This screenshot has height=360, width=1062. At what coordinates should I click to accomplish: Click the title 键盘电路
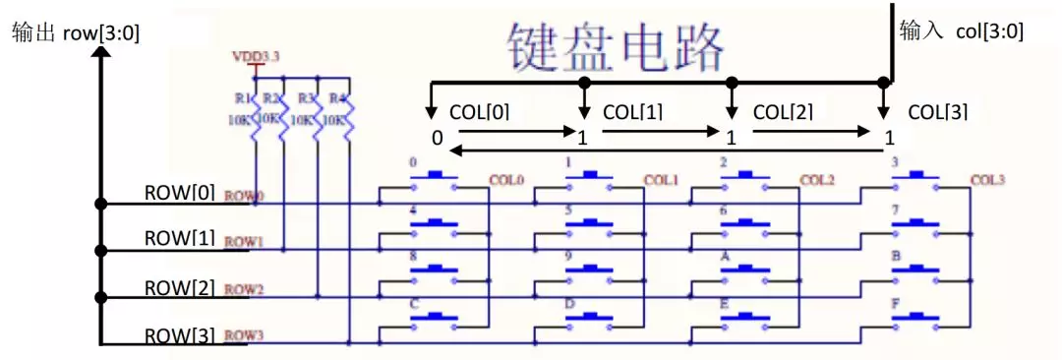(x=617, y=45)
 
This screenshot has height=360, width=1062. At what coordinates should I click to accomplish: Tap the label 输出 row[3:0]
(x=76, y=32)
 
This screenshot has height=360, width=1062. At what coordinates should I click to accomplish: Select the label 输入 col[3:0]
(x=962, y=31)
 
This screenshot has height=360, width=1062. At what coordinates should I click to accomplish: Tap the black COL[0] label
(x=479, y=112)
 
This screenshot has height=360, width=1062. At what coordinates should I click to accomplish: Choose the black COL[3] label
(x=938, y=112)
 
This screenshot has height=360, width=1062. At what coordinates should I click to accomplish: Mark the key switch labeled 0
(x=434, y=177)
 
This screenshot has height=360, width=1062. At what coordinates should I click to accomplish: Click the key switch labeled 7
(x=915, y=224)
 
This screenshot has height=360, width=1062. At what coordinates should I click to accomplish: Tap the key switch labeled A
(x=743, y=271)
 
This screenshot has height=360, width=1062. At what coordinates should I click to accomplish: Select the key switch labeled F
(x=915, y=319)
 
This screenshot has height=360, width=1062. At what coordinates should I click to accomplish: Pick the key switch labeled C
(x=434, y=319)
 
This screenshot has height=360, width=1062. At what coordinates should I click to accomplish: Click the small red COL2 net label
(x=816, y=180)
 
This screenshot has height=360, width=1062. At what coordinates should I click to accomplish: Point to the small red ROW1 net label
(x=244, y=241)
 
